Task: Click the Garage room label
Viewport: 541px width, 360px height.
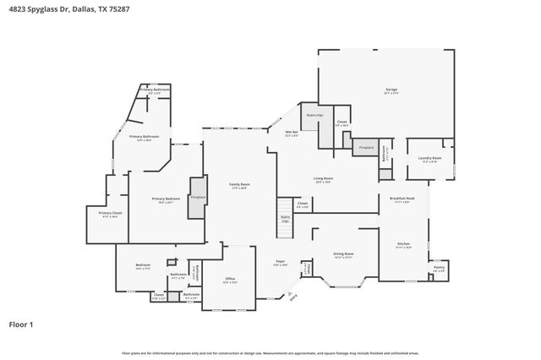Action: click(x=391, y=89)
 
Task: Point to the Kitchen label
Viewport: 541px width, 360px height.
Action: click(x=404, y=244)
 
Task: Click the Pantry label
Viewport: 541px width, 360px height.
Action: click(x=439, y=267)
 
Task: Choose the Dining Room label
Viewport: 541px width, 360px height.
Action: click(x=343, y=254)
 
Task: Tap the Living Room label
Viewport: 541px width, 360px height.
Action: click(x=323, y=178)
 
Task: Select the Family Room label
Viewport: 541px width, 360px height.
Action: click(x=239, y=184)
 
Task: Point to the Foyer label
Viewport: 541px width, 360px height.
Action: click(x=280, y=263)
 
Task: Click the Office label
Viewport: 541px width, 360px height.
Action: click(x=229, y=278)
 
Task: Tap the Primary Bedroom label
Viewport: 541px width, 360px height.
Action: click(x=162, y=199)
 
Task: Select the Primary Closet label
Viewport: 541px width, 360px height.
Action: click(x=110, y=213)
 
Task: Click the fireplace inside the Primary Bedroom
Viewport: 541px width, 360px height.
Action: click(x=198, y=198)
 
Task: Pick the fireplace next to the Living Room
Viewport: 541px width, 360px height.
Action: click(x=366, y=147)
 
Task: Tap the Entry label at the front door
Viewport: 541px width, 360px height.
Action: click(x=293, y=296)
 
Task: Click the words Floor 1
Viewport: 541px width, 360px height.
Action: click(x=22, y=324)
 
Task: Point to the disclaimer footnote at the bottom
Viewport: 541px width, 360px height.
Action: click(x=270, y=352)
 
